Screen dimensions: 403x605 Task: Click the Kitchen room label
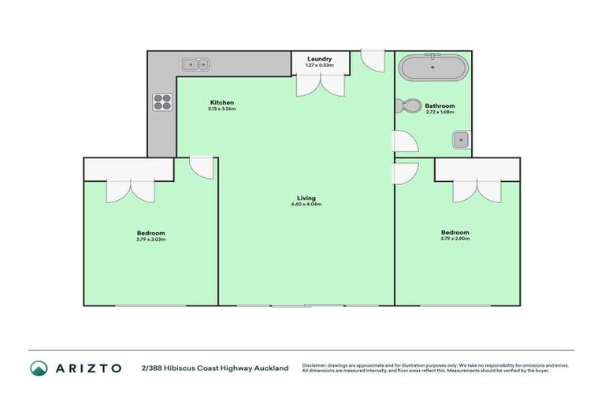[221, 102]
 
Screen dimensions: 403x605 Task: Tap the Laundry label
[320, 59]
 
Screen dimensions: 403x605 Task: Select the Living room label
[306, 198]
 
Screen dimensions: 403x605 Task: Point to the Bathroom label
[440, 105]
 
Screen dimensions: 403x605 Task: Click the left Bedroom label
[150, 233]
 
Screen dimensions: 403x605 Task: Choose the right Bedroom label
[455, 232]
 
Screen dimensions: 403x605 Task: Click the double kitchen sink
[195, 64]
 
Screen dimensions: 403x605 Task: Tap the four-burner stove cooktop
[162, 102]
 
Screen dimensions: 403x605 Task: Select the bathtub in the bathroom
[432, 68]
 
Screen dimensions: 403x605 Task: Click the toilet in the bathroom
[409, 107]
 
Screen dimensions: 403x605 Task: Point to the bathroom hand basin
[462, 140]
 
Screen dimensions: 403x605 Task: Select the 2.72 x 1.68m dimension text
[440, 112]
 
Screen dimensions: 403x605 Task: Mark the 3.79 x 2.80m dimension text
[455, 238]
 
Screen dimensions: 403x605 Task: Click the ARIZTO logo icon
[39, 368]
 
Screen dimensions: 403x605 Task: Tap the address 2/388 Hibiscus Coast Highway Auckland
[214, 368]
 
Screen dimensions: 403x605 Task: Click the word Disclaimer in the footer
[314, 365]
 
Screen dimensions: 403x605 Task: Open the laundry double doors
[320, 85]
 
